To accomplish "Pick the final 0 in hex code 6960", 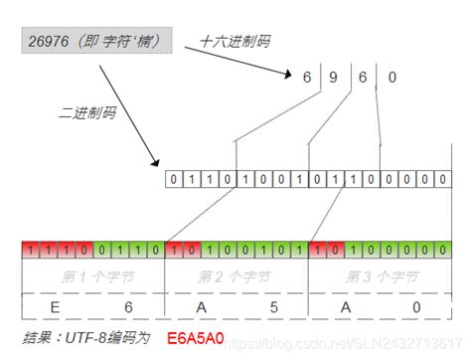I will (392, 77).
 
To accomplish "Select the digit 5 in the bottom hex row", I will (273, 306).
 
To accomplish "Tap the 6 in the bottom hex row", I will (127, 306).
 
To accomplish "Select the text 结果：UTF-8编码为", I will (86, 338).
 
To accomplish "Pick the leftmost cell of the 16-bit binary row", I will (175, 180).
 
